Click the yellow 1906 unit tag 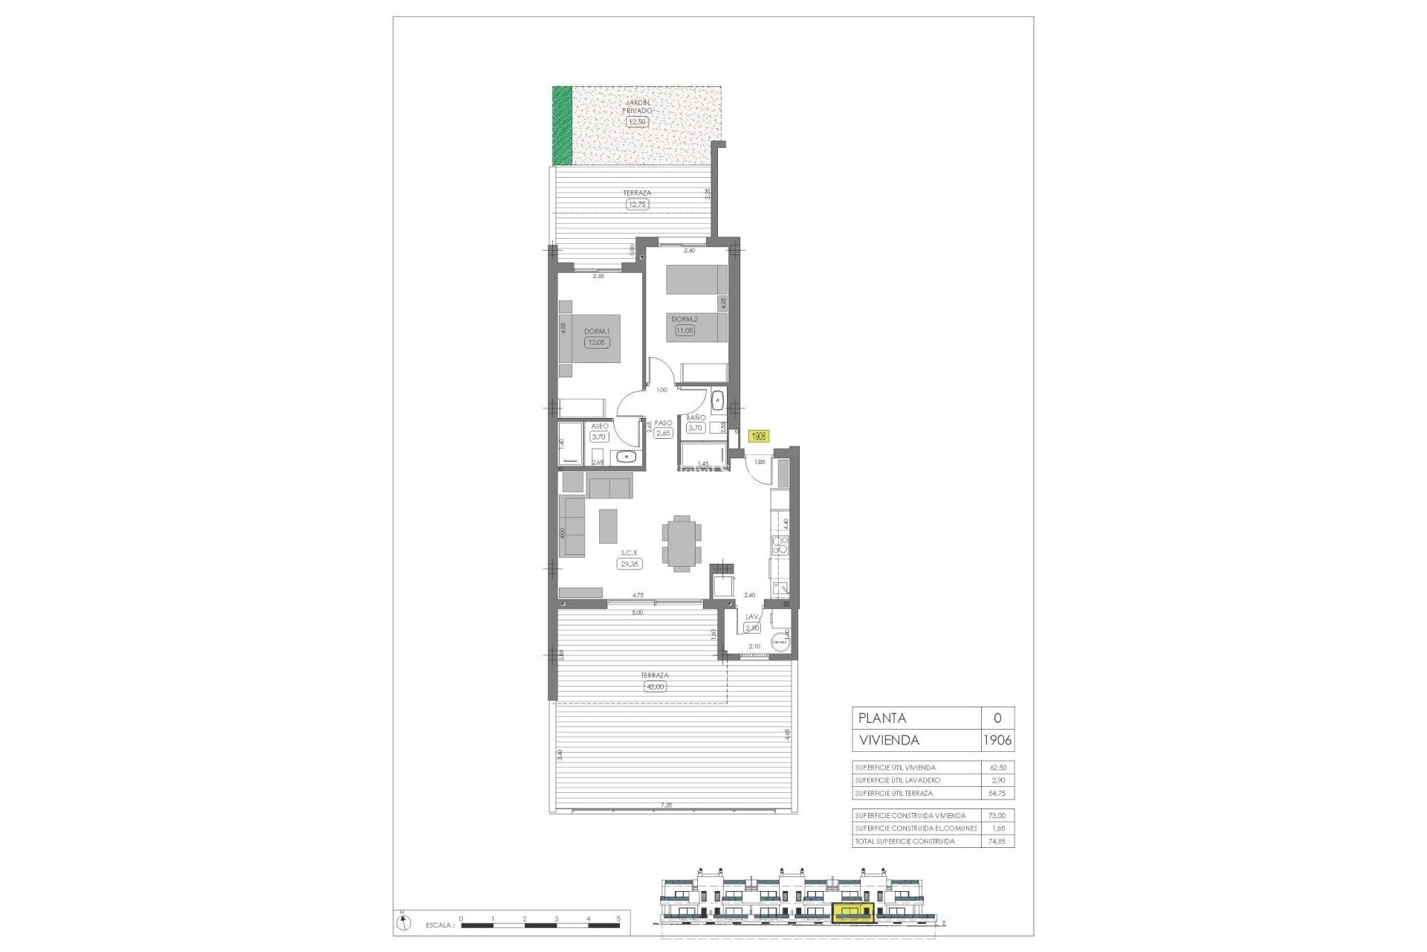758,437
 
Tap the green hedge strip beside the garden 563,126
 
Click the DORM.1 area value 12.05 596,343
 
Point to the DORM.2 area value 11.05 684,330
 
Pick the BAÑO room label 696,418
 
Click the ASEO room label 599,426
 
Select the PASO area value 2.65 663,433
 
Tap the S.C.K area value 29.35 629,565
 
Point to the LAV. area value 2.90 752,628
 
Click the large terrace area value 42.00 655,686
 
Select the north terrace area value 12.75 637,204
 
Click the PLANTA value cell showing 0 997,718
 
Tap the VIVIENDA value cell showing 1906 997,740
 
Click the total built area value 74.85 997,841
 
